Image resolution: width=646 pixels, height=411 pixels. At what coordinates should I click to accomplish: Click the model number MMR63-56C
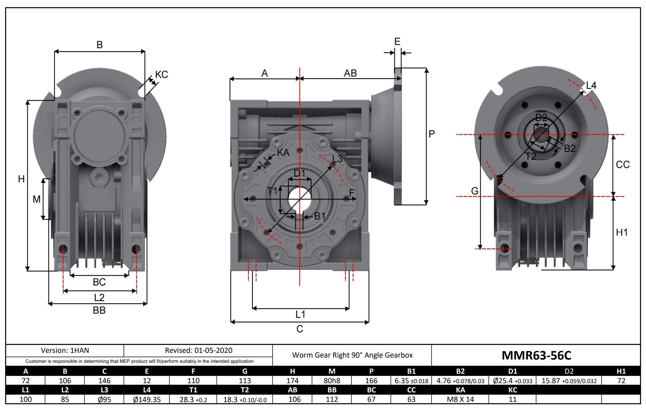click(536, 355)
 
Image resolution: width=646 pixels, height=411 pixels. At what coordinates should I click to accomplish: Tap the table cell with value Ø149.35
click(147, 399)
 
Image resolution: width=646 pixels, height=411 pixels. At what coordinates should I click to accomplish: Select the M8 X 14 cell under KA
click(460, 399)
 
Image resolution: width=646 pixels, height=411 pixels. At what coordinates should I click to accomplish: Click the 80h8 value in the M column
click(332, 380)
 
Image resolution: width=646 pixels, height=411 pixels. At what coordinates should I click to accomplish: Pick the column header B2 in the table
click(460, 371)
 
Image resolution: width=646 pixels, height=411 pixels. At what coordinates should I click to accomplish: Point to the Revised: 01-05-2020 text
click(198, 350)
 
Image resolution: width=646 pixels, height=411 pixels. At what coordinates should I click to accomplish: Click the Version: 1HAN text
click(65, 350)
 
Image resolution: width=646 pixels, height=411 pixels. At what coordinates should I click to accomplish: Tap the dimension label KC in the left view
click(161, 75)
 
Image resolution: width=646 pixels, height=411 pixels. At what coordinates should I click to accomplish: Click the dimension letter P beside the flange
click(431, 134)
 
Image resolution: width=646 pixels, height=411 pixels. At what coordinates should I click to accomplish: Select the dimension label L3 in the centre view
click(337, 159)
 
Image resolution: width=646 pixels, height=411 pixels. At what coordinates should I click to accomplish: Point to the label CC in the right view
click(623, 165)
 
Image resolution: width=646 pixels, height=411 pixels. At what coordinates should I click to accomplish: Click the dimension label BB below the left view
click(99, 310)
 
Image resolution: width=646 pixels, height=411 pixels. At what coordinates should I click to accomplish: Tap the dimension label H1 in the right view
click(622, 232)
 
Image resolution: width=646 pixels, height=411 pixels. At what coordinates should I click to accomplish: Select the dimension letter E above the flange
click(397, 42)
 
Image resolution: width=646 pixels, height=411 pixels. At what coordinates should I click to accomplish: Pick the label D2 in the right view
click(541, 118)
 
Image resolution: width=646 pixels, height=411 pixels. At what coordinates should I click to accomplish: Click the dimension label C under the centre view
click(300, 329)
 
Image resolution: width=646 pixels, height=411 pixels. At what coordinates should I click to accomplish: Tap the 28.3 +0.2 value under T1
click(193, 399)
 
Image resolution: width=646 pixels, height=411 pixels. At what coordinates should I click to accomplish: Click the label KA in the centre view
click(283, 152)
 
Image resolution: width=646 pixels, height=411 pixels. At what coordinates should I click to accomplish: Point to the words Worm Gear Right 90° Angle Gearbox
click(352, 355)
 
